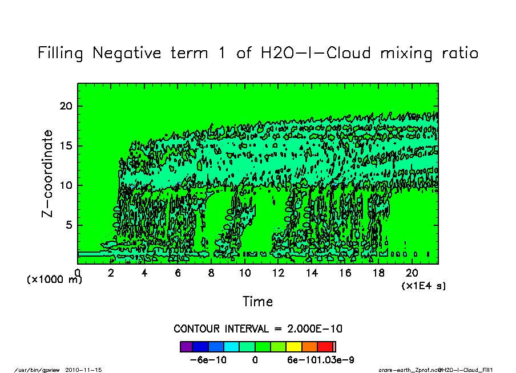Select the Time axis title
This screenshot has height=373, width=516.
(257, 302)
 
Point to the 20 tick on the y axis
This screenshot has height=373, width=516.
(67, 106)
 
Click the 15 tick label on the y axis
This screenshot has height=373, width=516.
(67, 145)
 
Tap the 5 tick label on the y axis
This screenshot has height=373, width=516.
(69, 225)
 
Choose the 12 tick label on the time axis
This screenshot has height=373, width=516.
(278, 273)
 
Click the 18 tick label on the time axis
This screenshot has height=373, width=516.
(378, 273)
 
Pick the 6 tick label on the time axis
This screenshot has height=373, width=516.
(178, 273)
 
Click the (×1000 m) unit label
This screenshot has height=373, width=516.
(55, 279)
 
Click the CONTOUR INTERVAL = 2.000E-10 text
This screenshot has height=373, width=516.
(258, 329)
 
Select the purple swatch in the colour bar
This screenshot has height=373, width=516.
(186, 346)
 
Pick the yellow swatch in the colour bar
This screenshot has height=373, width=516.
(293, 346)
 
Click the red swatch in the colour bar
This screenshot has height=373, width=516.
(325, 346)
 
